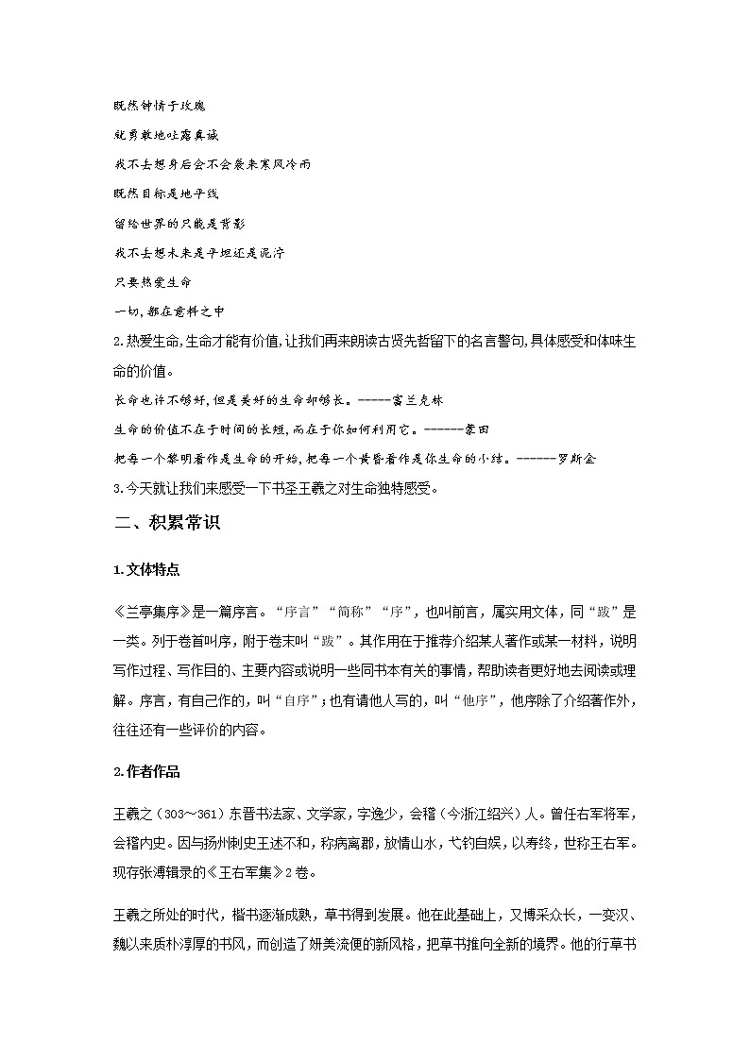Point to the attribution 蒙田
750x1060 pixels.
476,429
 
